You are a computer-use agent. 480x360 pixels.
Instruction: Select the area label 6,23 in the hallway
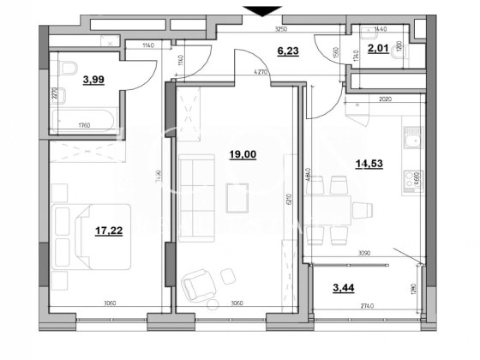click(258, 51)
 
